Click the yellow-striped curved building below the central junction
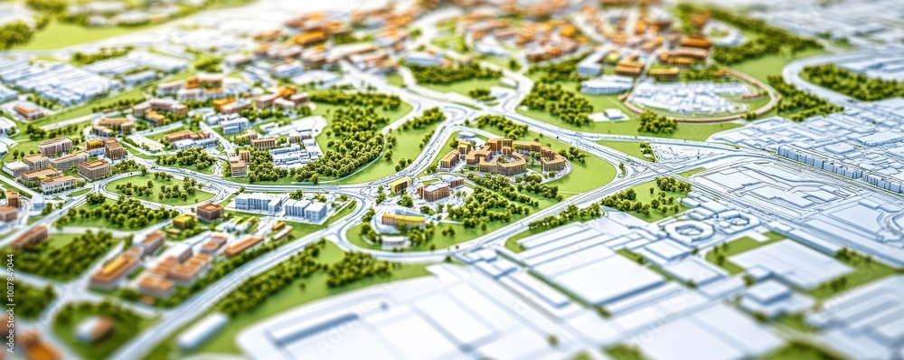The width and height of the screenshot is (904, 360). (402, 219)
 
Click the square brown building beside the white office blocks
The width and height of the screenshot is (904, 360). (210, 212)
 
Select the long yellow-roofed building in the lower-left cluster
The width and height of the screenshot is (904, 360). (115, 268)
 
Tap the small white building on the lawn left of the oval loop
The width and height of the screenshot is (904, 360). (614, 115)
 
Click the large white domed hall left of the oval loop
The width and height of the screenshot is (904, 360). (606, 85)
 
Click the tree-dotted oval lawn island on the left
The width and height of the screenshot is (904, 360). (159, 189)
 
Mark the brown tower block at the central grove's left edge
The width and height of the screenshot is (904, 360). (238, 166)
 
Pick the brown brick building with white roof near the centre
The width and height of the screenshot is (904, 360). (435, 191)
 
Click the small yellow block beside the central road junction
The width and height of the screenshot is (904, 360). (399, 185)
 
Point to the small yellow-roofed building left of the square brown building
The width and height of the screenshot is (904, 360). (184, 221)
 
